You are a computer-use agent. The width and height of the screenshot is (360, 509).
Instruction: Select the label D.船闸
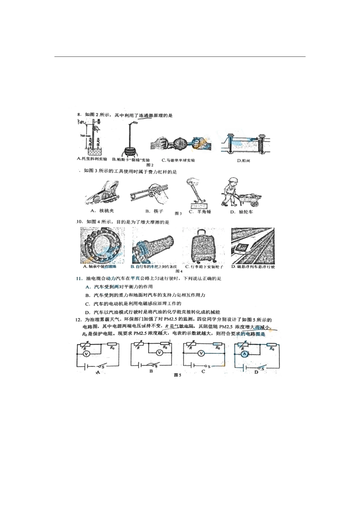click(243, 161)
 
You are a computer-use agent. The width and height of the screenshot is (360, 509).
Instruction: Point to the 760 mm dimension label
click(85, 136)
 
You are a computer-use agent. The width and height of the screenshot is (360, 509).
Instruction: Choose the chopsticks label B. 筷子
click(154, 211)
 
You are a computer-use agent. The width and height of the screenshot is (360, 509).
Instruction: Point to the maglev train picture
click(252, 245)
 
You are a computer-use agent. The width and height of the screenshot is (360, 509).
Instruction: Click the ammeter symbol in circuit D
click(245, 354)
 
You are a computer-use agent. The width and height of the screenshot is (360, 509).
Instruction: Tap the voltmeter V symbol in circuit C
click(202, 353)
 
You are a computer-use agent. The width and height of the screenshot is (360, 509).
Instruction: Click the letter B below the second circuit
click(151, 372)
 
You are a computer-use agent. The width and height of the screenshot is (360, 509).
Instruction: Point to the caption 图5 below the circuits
click(178, 375)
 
